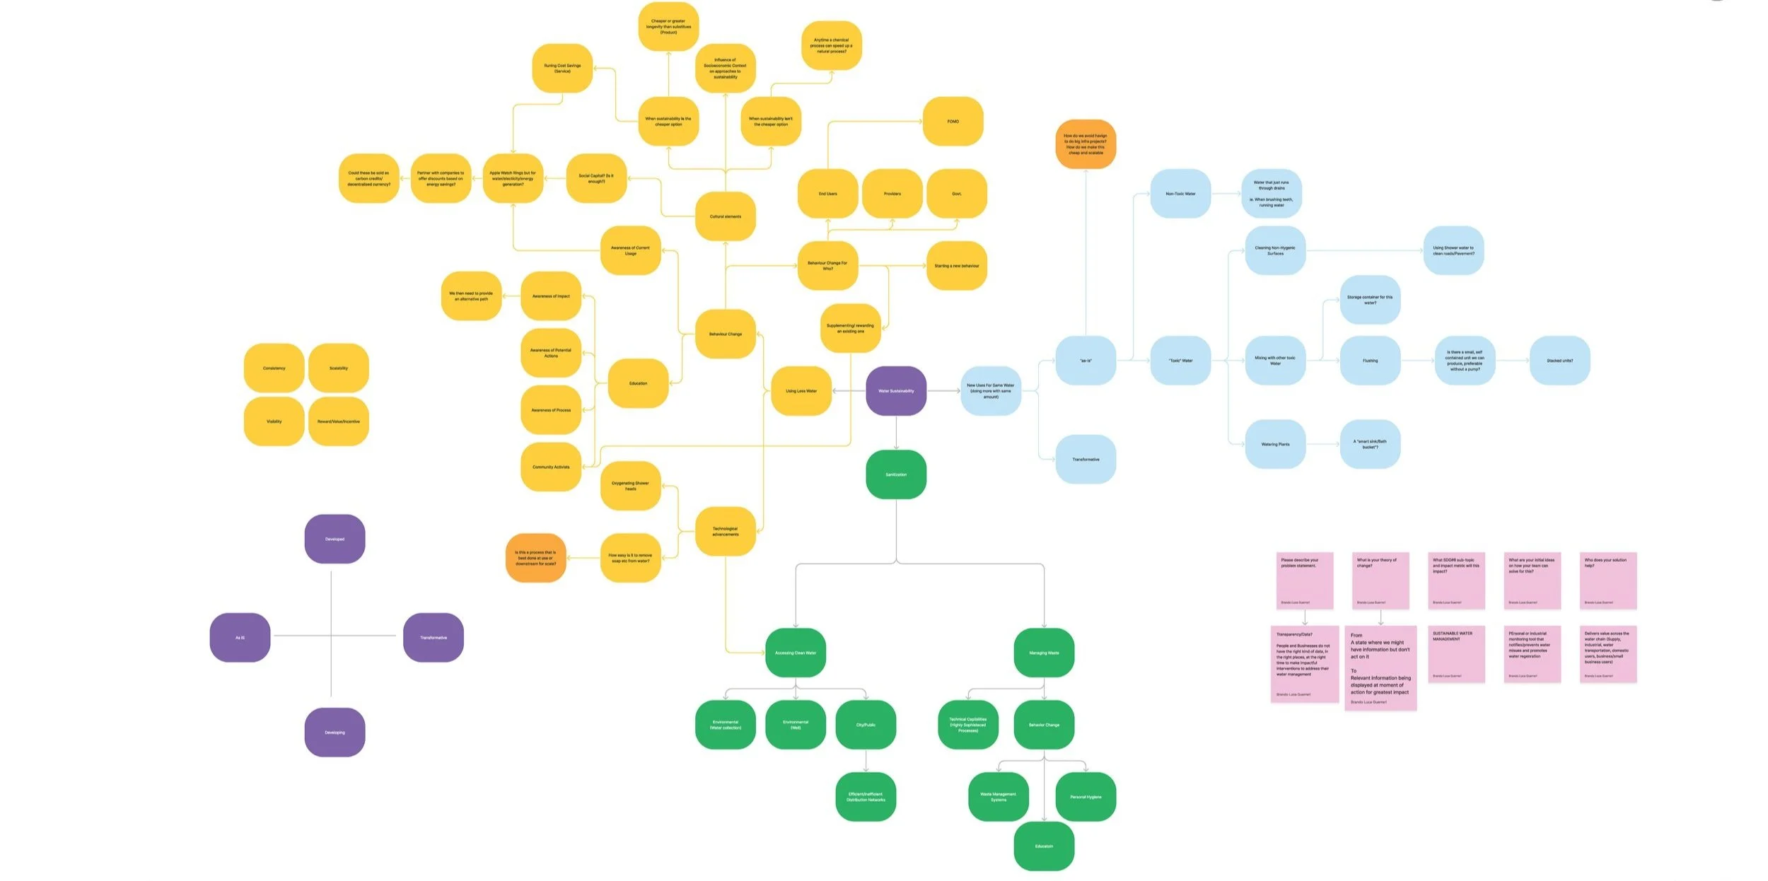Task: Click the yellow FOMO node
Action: pyautogui.click(x=953, y=122)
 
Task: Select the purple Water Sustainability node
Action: pyautogui.click(x=896, y=391)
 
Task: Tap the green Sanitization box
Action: pyautogui.click(x=896, y=474)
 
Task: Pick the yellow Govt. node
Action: pyautogui.click(x=956, y=194)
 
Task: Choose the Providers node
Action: pyautogui.click(x=892, y=194)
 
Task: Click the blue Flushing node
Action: pyautogui.click(x=1370, y=361)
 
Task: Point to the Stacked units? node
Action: pyautogui.click(x=1559, y=361)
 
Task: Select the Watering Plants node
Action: pyautogui.click(x=1275, y=444)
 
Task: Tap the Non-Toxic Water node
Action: pyautogui.click(x=1180, y=194)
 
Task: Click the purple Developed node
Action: pyautogui.click(x=335, y=539)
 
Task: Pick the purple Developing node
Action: pyautogui.click(x=335, y=733)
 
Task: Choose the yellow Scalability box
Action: pyautogui.click(x=338, y=368)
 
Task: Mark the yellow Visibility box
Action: pyautogui.click(x=274, y=421)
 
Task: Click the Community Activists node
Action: pyautogui.click(x=551, y=467)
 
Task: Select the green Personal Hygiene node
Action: pyautogui.click(x=1085, y=797)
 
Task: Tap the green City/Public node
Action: pyautogui.click(x=866, y=725)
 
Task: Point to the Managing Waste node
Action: pyautogui.click(x=1044, y=653)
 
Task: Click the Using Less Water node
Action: pyautogui.click(x=801, y=391)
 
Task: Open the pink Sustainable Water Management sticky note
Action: pyautogui.click(x=1456, y=654)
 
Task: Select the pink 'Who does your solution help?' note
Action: pyautogui.click(x=1607, y=580)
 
